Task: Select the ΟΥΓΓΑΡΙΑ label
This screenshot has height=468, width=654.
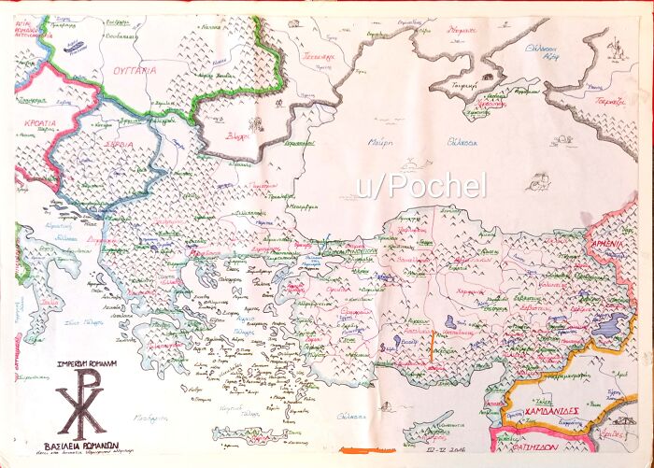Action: (x=131, y=68)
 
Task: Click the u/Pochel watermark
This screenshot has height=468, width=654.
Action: (x=419, y=186)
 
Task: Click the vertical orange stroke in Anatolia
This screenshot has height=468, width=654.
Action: (x=431, y=349)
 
